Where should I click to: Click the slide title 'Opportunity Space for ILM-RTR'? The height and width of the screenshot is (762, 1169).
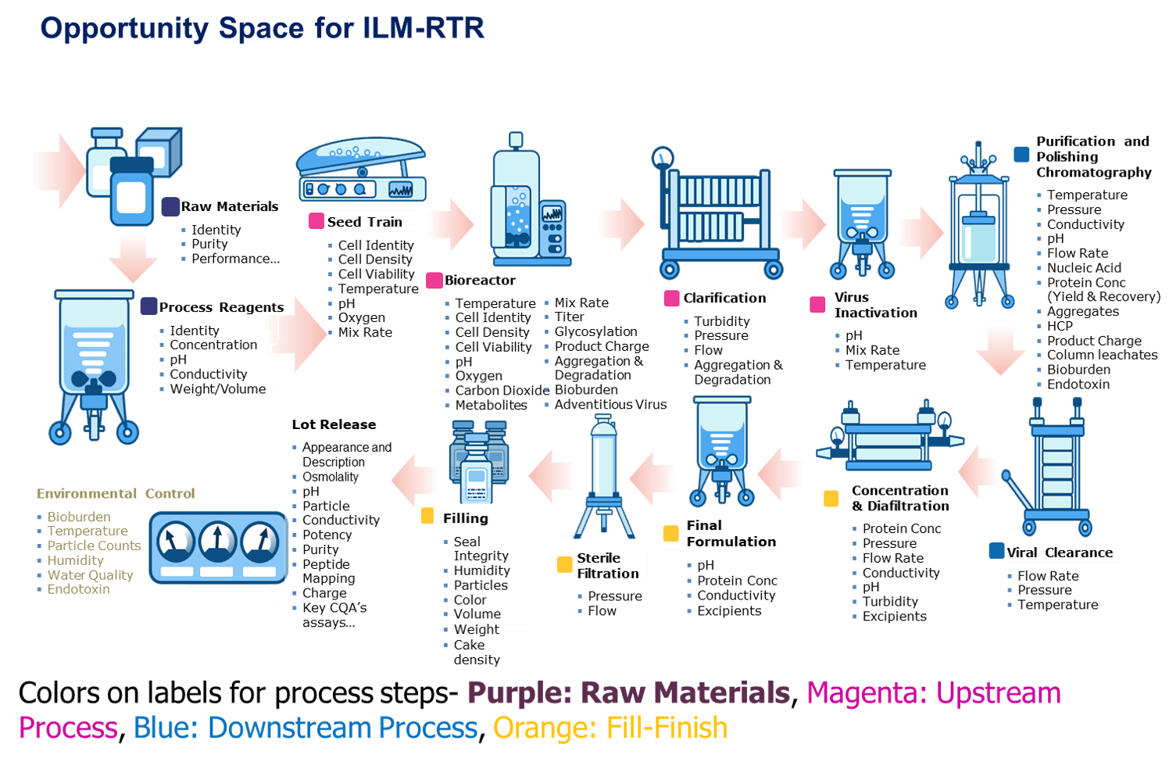pyautogui.click(x=262, y=28)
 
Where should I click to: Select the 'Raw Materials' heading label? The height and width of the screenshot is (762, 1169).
pyautogui.click(x=229, y=206)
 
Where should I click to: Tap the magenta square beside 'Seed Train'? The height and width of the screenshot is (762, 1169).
pyautogui.click(x=316, y=221)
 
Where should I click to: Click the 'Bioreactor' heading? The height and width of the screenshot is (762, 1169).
pyautogui.click(x=480, y=280)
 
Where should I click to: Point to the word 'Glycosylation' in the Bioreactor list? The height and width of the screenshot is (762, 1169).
pyautogui.click(x=595, y=331)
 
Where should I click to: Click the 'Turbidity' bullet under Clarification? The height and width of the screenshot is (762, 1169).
pyautogui.click(x=721, y=321)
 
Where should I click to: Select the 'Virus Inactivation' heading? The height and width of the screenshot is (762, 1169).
pyautogui.click(x=875, y=305)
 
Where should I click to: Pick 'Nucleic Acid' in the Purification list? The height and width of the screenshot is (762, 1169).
pyautogui.click(x=1084, y=268)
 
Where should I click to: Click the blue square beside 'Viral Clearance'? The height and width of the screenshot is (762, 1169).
pyautogui.click(x=996, y=551)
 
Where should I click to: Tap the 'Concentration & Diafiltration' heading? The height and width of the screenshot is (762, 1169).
pyautogui.click(x=900, y=498)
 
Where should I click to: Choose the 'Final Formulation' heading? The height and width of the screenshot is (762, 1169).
pyautogui.click(x=731, y=533)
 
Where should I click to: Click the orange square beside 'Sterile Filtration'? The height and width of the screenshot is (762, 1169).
pyautogui.click(x=564, y=564)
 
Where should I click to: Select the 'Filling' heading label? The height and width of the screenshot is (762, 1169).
pyautogui.click(x=465, y=518)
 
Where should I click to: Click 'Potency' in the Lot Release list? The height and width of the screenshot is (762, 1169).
pyautogui.click(x=327, y=535)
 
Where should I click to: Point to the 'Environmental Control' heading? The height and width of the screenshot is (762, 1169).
pyautogui.click(x=116, y=493)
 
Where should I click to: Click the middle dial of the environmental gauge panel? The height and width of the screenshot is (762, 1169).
pyautogui.click(x=217, y=542)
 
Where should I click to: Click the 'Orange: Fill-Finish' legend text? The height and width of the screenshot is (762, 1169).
pyautogui.click(x=610, y=728)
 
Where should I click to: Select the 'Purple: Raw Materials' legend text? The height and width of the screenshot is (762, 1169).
pyautogui.click(x=628, y=692)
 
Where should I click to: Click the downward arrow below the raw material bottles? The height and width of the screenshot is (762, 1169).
pyautogui.click(x=133, y=258)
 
